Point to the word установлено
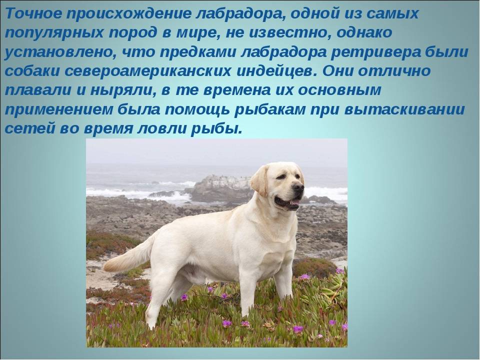60,51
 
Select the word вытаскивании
404,110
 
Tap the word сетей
28,128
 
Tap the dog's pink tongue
294,203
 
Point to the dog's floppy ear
259,180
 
